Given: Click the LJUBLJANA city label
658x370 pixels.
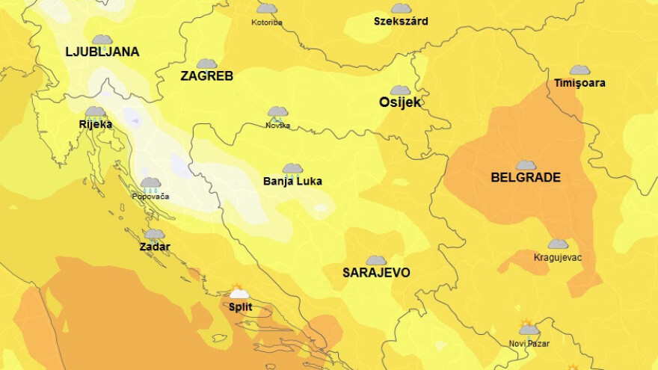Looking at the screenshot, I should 102,52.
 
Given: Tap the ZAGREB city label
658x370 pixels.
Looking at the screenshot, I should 207,76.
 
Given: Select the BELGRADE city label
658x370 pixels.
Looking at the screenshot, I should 526,178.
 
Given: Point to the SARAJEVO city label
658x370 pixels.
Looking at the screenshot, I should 376,273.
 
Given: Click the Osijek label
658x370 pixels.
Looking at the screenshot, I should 400,102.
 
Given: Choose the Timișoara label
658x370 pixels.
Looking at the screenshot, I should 579,83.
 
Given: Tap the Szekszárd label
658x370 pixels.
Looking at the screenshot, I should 401,22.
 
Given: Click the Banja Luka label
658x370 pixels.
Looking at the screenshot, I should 292,181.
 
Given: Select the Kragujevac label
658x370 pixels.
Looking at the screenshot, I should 558,258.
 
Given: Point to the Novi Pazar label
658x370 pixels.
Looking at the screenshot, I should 529,344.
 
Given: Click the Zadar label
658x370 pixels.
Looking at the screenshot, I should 155,247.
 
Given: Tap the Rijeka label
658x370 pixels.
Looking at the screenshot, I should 96,124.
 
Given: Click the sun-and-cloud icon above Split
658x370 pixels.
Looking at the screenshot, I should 239,292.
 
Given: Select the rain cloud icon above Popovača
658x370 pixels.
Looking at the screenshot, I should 150,184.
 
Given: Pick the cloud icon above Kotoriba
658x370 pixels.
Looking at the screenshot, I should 266,9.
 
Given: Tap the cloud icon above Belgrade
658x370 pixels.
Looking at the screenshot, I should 526,165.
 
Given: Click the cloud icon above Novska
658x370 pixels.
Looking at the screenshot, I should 277,113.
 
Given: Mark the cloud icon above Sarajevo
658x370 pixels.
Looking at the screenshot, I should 376,260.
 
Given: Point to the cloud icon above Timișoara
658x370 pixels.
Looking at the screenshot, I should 579,70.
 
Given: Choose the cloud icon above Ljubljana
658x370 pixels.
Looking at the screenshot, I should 102,40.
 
